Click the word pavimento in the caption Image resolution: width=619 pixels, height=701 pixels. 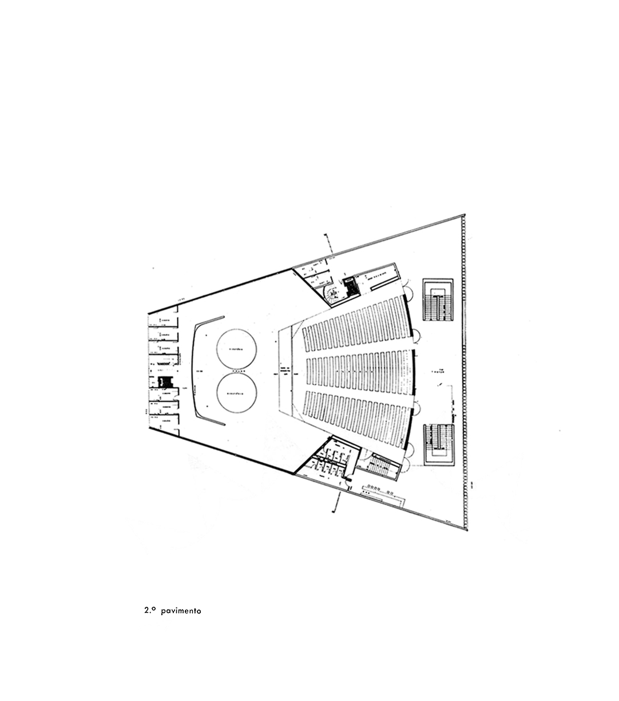pyautogui.click(x=181, y=611)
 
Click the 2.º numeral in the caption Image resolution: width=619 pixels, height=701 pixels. pyautogui.click(x=150, y=611)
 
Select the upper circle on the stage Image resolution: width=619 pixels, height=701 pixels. pyautogui.click(x=237, y=349)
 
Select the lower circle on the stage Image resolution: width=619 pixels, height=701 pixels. pyautogui.click(x=237, y=393)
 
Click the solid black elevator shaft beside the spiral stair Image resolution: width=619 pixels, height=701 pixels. pyautogui.click(x=350, y=285)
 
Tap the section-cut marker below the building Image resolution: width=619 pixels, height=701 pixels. pyautogui.click(x=338, y=501)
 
